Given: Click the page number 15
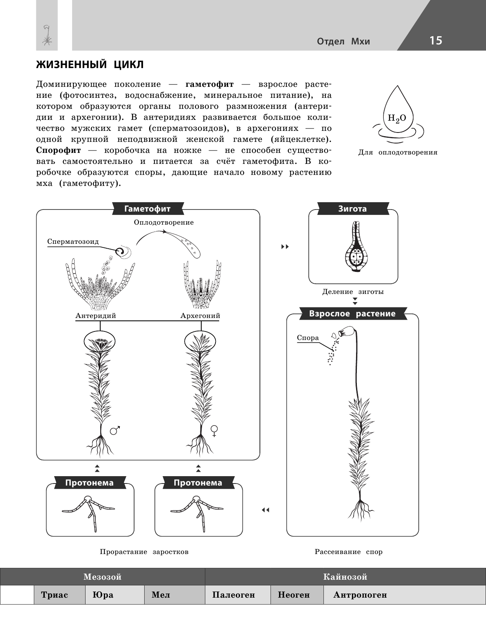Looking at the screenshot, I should (x=435, y=41).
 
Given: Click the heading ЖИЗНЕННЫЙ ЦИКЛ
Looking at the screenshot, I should (x=90, y=65).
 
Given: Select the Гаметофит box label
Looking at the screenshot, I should (x=147, y=209).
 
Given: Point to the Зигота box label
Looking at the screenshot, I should (x=352, y=209).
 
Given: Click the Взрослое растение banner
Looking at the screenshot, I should (x=352, y=313).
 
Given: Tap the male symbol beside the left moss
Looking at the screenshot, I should (x=116, y=430).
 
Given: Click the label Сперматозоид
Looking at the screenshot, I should (x=73, y=241).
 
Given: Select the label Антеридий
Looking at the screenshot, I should (x=96, y=316).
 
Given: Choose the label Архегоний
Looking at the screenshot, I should (x=200, y=316).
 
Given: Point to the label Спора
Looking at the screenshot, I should (x=308, y=338).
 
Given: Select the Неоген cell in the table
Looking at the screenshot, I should (x=294, y=595).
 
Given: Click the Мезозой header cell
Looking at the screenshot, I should (x=102, y=577).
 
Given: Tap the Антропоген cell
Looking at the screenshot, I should (x=360, y=595).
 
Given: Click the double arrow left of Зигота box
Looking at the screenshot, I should (x=285, y=247).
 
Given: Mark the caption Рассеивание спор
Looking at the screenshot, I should (x=348, y=552).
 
